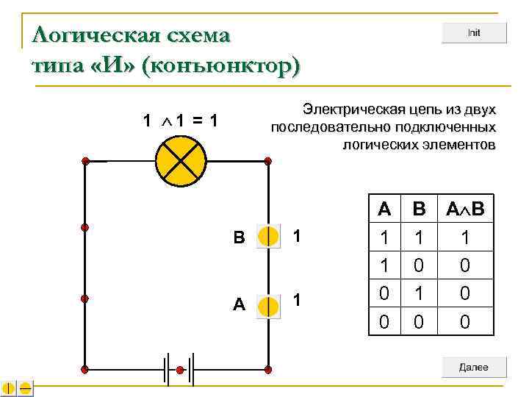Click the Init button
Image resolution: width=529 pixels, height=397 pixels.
coord(474,33)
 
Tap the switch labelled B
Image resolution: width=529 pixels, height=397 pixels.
coord(269,237)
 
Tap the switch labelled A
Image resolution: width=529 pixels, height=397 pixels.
coord(269,306)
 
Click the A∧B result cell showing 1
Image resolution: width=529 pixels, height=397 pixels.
coord(464,237)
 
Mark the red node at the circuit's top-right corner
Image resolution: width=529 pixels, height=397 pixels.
coord(268,160)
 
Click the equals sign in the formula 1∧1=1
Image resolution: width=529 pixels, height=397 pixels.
coord(196,120)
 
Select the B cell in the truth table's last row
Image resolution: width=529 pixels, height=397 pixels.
coord(419,321)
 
